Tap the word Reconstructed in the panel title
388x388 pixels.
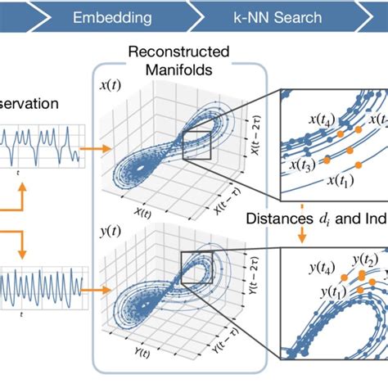point(172,52)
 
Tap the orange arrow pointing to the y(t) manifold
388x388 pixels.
point(92,289)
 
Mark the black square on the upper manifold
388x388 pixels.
point(197,144)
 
